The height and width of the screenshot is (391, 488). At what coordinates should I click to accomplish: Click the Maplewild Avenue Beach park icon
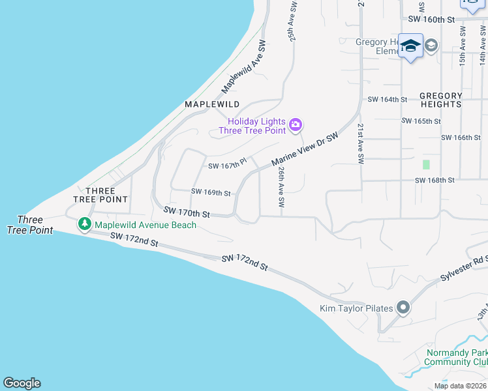84,225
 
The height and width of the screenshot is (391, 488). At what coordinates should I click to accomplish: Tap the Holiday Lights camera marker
296,124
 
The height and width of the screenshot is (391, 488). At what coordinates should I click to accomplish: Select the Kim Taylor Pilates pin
403,308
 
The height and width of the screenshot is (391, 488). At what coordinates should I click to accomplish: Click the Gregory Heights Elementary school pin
410,46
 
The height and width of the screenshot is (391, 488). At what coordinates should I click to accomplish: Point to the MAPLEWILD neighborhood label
212,104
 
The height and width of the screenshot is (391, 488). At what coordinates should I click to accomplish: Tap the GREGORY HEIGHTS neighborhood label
441,100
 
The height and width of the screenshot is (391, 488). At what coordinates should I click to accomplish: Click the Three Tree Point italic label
30,225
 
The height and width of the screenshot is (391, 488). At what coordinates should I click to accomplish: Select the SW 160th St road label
431,20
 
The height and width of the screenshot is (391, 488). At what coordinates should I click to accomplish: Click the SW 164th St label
388,100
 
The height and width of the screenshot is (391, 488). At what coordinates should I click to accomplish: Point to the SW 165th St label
421,121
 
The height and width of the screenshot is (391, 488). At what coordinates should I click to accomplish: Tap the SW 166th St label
461,138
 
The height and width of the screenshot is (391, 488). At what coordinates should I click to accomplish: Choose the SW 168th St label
435,181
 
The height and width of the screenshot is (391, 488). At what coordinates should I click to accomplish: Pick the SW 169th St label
211,192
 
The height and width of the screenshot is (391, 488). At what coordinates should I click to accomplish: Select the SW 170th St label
187,212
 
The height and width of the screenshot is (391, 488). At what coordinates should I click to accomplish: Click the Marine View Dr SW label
305,151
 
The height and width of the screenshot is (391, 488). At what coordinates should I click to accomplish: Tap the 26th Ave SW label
281,186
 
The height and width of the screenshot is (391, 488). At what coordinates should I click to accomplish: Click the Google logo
22,383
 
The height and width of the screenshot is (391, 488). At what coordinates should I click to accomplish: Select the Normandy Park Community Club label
457,357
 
